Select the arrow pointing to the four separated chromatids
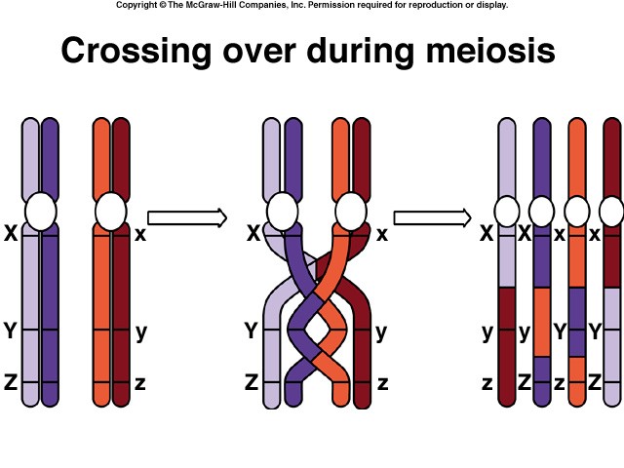click(432, 216)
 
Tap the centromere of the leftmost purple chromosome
click(41, 210)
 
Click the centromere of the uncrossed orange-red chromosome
click(110, 210)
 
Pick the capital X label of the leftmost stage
click(11, 234)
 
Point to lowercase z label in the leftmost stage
click(140, 383)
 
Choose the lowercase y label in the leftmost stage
click(141, 331)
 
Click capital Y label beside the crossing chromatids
click(251, 331)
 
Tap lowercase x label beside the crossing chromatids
click(382, 234)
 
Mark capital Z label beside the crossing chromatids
click(251, 383)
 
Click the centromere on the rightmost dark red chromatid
click(611, 210)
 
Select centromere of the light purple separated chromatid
click(507, 210)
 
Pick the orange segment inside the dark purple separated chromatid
click(542, 322)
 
